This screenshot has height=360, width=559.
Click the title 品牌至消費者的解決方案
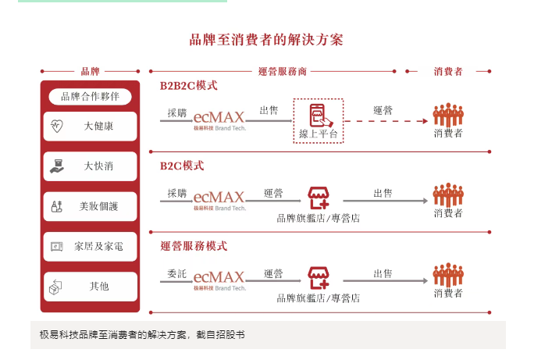coord(265,40)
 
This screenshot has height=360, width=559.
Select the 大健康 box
coord(90,126)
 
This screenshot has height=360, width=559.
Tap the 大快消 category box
coord(90,166)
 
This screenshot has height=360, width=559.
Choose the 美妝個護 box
coord(90,206)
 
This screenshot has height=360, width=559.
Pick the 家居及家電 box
coord(90,246)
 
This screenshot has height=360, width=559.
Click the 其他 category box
coord(90,287)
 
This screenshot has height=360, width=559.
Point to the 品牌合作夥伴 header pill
coord(90,96)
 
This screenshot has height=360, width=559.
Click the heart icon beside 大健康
coord(56,126)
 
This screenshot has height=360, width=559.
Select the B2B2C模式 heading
coord(188,85)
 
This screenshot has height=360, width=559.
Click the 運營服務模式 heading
coord(194,246)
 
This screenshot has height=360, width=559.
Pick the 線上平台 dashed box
coord(319,120)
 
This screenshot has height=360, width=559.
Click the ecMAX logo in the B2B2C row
coord(219,118)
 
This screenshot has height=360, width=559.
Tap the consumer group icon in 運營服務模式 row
coord(448,274)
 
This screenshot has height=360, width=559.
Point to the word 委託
coord(176,273)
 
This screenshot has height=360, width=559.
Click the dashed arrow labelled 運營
coord(386,121)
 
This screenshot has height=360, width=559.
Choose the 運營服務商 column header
coord(282,71)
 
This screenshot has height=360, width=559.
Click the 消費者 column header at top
coord(448,71)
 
